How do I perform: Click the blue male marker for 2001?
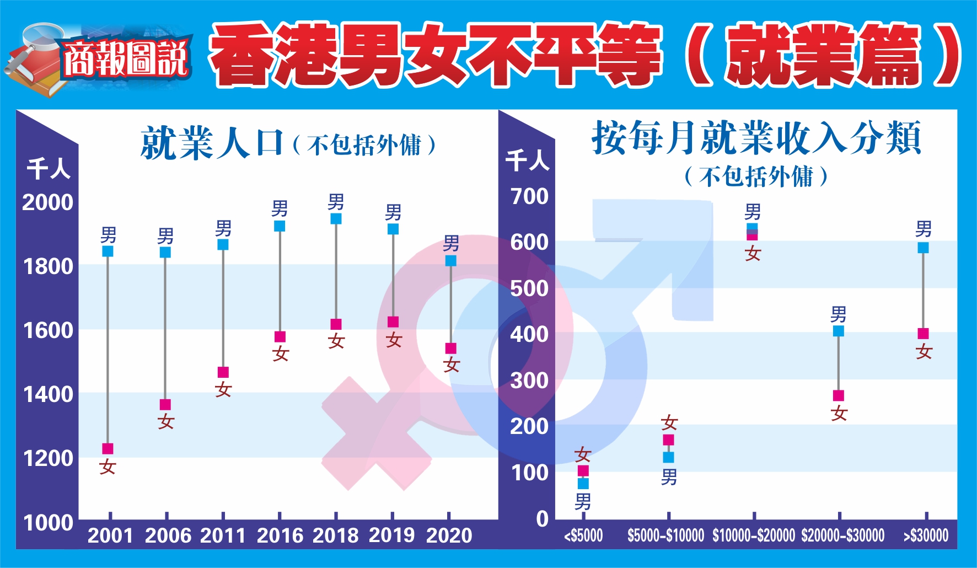tap(108, 251)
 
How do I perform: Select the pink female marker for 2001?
tap(108, 449)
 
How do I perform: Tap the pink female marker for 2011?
tap(223, 372)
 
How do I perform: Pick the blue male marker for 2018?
tap(336, 219)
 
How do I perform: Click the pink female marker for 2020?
tap(451, 349)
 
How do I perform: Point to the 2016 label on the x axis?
tap(280, 535)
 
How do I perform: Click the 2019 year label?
tap(391, 535)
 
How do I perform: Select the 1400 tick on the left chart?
tap(48, 394)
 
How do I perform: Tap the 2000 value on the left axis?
tap(48, 202)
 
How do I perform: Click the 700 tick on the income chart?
tap(529, 196)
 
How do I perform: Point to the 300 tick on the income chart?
tap(529, 381)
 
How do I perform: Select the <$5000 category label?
tap(583, 535)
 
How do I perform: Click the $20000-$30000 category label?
tap(842, 535)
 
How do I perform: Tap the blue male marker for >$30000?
tap(923, 248)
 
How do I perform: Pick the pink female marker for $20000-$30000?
tap(838, 395)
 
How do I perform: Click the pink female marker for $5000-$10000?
tap(668, 440)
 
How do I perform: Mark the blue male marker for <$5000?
tap(583, 484)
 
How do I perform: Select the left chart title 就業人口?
tap(212, 143)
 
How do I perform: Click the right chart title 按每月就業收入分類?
tap(756, 138)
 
